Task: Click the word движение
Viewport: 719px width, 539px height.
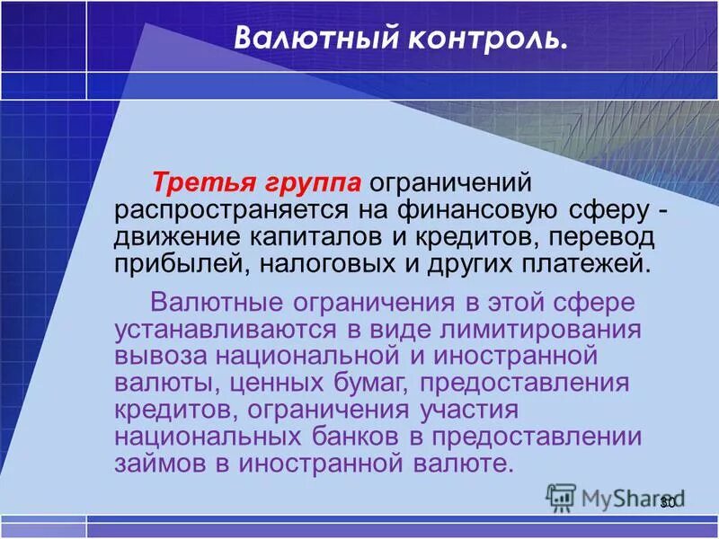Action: [x=174, y=237]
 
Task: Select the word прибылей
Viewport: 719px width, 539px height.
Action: [x=180, y=264]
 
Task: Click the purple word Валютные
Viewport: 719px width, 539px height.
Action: [x=215, y=302]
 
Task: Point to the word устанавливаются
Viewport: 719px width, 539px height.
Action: [x=233, y=329]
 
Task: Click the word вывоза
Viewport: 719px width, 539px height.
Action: [x=158, y=355]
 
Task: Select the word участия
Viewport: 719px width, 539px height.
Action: [x=469, y=409]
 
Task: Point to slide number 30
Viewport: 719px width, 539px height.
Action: [x=667, y=503]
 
